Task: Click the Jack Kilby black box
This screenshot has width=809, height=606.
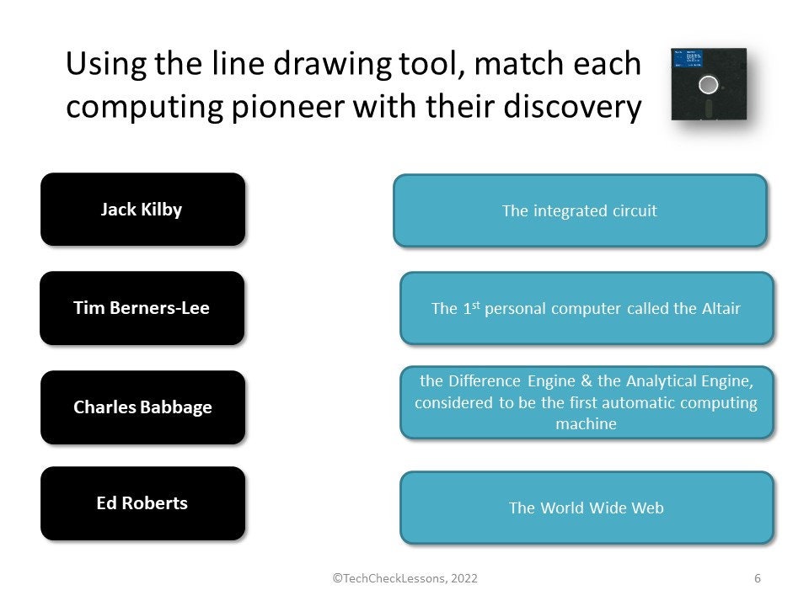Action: click(x=142, y=210)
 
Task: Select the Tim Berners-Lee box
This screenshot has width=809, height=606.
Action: click(x=142, y=308)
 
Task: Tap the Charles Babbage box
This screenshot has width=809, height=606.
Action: click(x=142, y=407)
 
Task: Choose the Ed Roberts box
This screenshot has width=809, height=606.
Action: click(x=142, y=503)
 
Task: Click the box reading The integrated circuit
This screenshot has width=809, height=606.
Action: click(x=580, y=210)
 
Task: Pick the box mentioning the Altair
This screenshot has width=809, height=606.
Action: click(x=586, y=308)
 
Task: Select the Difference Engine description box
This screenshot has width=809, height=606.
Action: click(x=586, y=402)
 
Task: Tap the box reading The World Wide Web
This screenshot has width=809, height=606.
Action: click(x=586, y=508)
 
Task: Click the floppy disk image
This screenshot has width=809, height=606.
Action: click(x=709, y=84)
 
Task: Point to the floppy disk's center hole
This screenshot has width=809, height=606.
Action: click(x=709, y=84)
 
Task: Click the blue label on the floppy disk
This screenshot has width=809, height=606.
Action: click(x=688, y=61)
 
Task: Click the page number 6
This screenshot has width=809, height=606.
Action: click(x=758, y=578)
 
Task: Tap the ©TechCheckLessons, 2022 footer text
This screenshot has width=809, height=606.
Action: click(x=405, y=578)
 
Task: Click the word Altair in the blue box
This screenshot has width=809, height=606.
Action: click(x=719, y=308)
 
